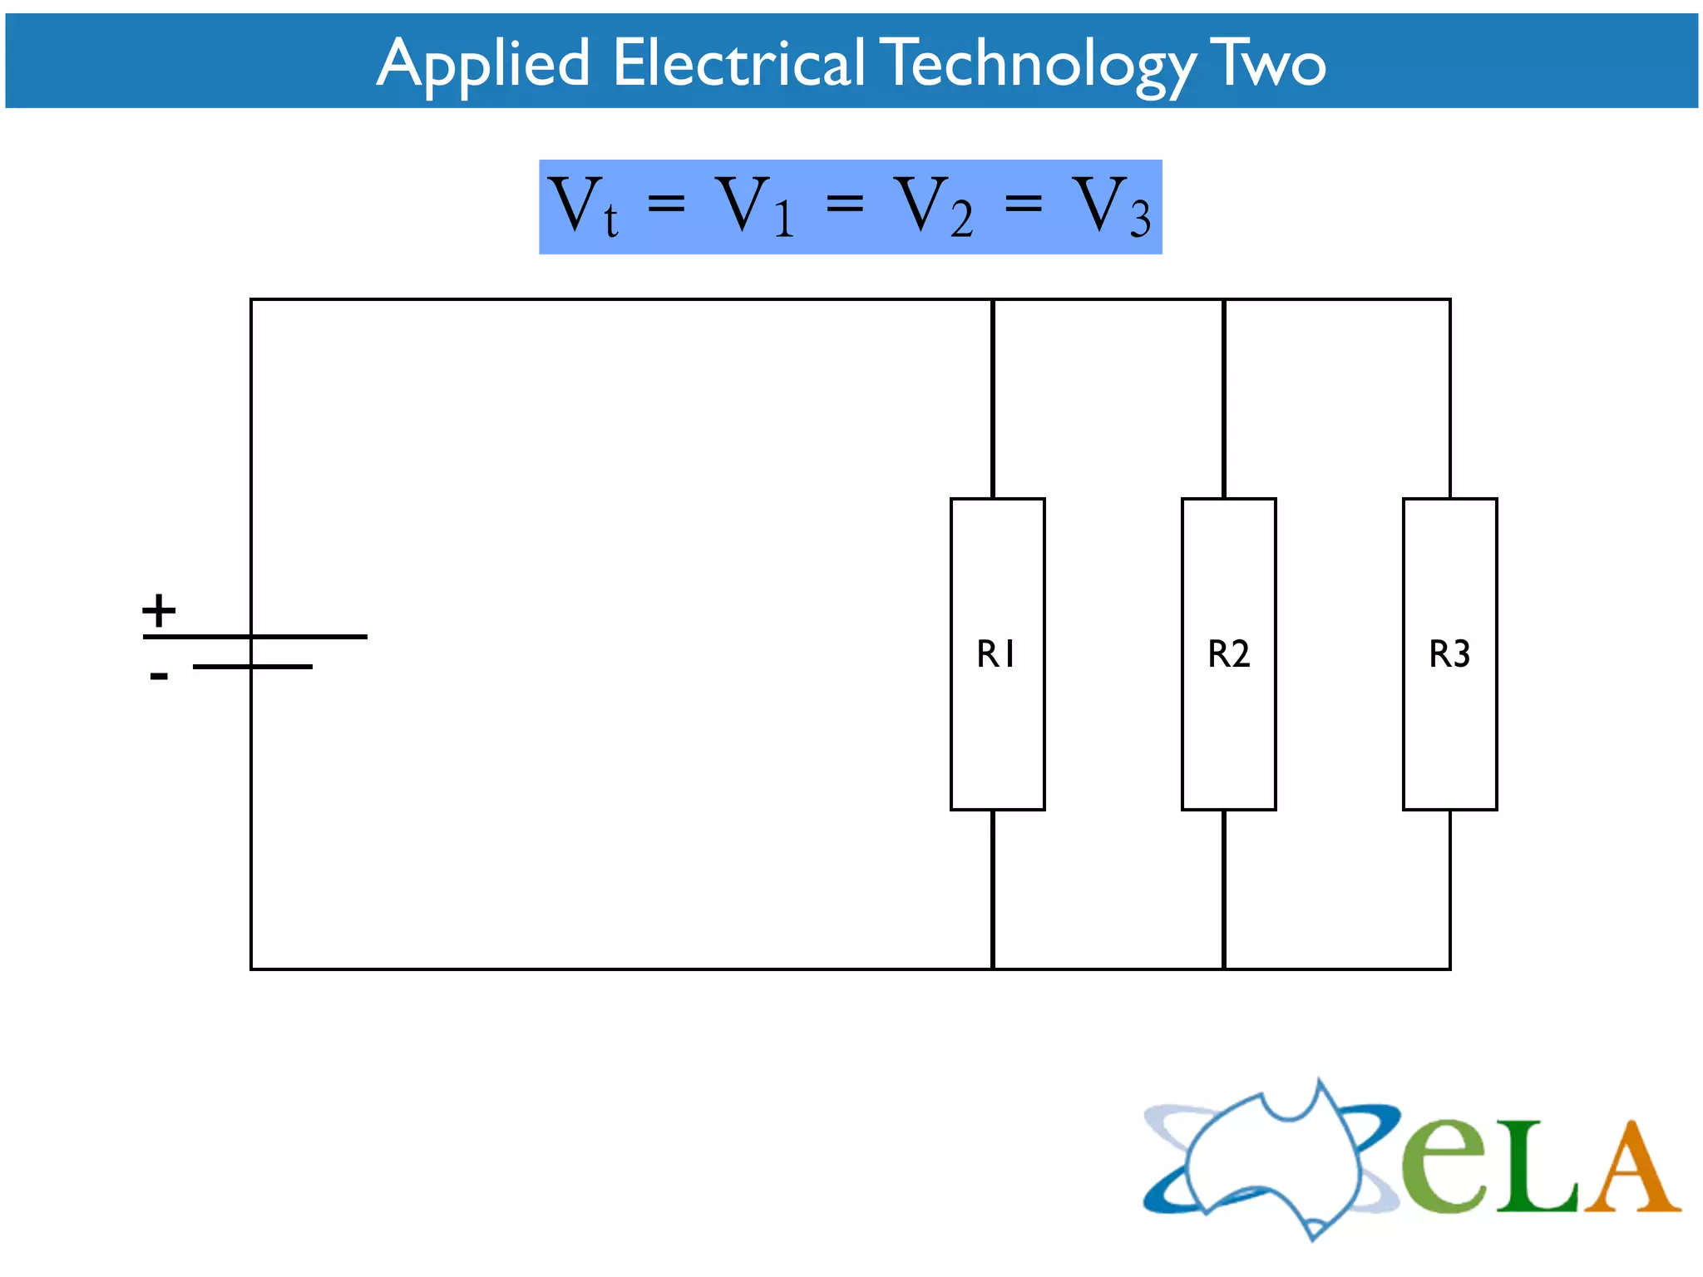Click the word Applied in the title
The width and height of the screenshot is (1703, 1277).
point(483,64)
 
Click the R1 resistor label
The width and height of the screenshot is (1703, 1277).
point(996,653)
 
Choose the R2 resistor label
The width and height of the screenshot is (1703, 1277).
point(1228,653)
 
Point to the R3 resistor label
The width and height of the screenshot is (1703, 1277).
point(1449,653)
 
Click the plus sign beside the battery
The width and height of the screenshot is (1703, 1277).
point(159,610)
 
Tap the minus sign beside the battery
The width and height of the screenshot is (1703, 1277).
point(159,676)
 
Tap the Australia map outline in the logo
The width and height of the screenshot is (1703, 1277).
point(1272,1160)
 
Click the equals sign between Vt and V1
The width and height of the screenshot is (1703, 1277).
point(666,203)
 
